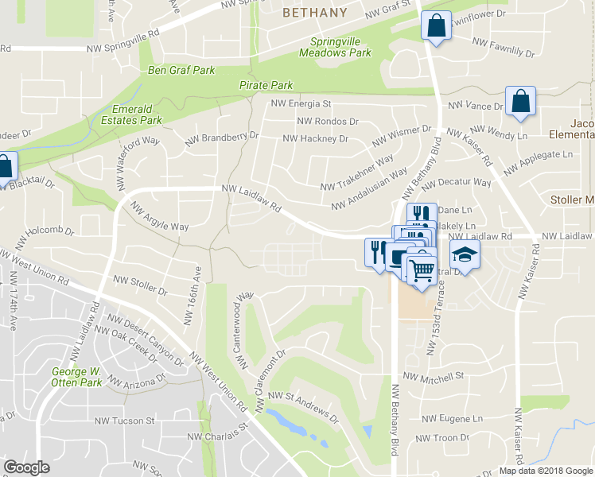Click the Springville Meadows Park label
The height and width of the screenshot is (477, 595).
pyautogui.click(x=335, y=47)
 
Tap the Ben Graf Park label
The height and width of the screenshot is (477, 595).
pyautogui.click(x=182, y=70)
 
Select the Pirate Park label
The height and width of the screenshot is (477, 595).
pyautogui.click(x=266, y=85)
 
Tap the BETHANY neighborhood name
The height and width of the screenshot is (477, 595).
pyautogui.click(x=315, y=13)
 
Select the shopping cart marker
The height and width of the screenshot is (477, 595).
pyautogui.click(x=422, y=269)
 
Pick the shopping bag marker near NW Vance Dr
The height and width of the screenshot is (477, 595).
pyautogui.click(x=520, y=102)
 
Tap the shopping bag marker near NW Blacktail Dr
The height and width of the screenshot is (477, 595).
pyautogui.click(x=5, y=167)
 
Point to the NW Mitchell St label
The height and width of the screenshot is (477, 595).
pyautogui.click(x=434, y=376)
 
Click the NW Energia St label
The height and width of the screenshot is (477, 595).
pyautogui.click(x=301, y=103)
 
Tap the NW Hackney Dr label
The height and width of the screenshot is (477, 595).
pyautogui.click(x=316, y=138)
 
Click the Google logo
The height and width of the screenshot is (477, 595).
pyautogui.click(x=26, y=467)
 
